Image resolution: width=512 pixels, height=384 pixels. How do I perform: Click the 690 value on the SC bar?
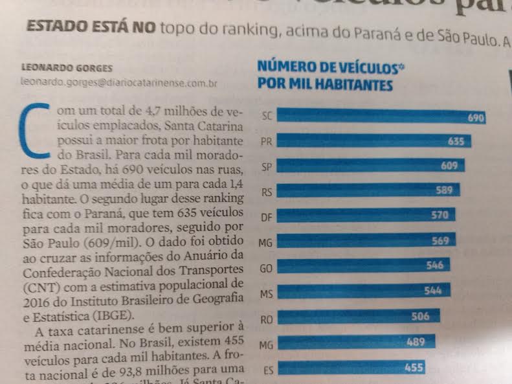pos(476,118)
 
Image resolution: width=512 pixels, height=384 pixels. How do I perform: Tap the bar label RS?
pos(265,192)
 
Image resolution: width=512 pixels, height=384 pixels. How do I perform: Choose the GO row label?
pos(266,267)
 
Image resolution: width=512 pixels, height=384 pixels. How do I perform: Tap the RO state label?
pos(265,319)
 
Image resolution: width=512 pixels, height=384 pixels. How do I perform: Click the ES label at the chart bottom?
pos(266,370)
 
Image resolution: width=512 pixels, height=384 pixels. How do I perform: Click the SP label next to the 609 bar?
pos(265,167)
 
